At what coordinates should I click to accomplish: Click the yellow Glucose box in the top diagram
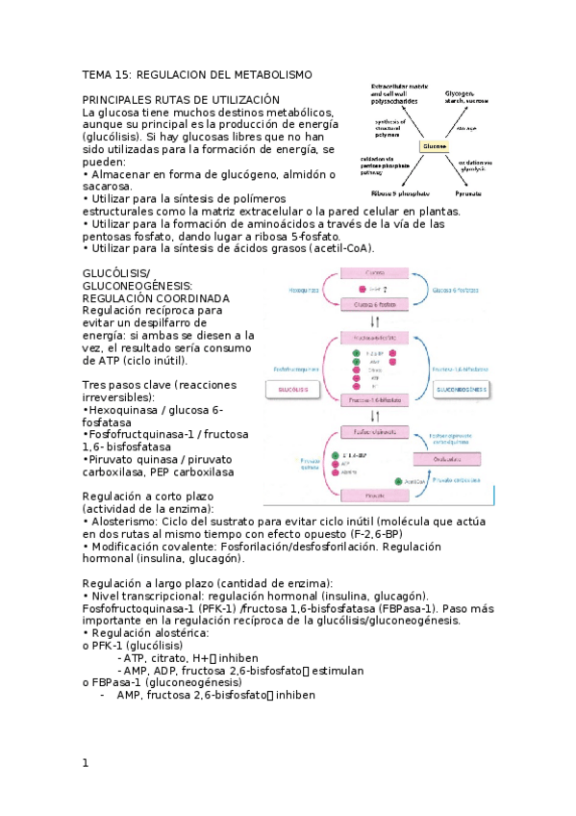coord(435,146)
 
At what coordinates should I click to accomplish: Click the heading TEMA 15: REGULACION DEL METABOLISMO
coord(197,74)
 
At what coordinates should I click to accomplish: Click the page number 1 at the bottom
coord(86,763)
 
